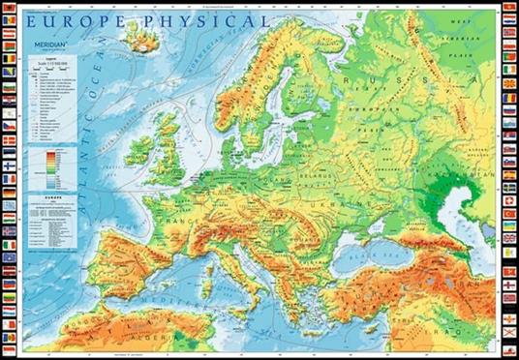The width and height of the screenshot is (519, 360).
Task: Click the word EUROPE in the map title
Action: click(67, 19)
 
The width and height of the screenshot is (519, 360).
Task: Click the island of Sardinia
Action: click(202, 276)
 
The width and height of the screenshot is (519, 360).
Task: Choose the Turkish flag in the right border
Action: click(509, 213)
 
